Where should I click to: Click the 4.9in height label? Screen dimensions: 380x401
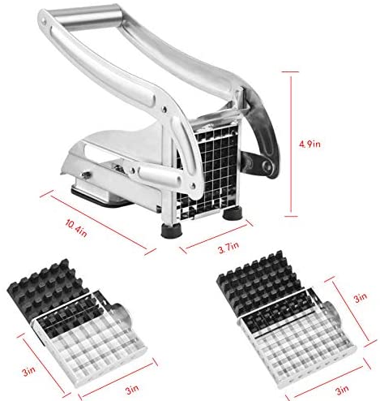310,144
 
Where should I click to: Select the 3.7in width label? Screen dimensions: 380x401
228,248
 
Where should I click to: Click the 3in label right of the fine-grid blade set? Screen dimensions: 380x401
361,297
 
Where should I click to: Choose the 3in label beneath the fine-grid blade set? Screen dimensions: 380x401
342,390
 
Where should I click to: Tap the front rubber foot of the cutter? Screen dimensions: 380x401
172,231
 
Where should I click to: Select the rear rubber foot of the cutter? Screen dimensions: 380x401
233,213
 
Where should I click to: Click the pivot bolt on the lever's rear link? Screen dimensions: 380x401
268,166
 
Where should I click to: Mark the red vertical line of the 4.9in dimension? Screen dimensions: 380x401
291,144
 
